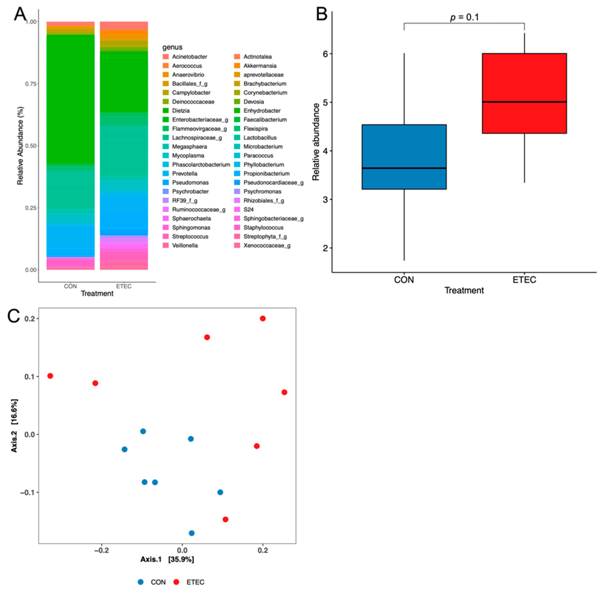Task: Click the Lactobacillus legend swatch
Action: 237,138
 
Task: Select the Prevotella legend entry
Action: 185,174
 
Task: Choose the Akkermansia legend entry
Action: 260,66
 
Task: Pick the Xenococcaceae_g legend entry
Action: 267,246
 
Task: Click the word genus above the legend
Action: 172,47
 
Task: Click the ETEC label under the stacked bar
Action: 124,286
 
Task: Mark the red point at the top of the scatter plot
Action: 263,319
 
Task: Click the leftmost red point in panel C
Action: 50,376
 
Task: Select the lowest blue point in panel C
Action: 192,533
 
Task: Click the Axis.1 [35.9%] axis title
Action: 167,559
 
